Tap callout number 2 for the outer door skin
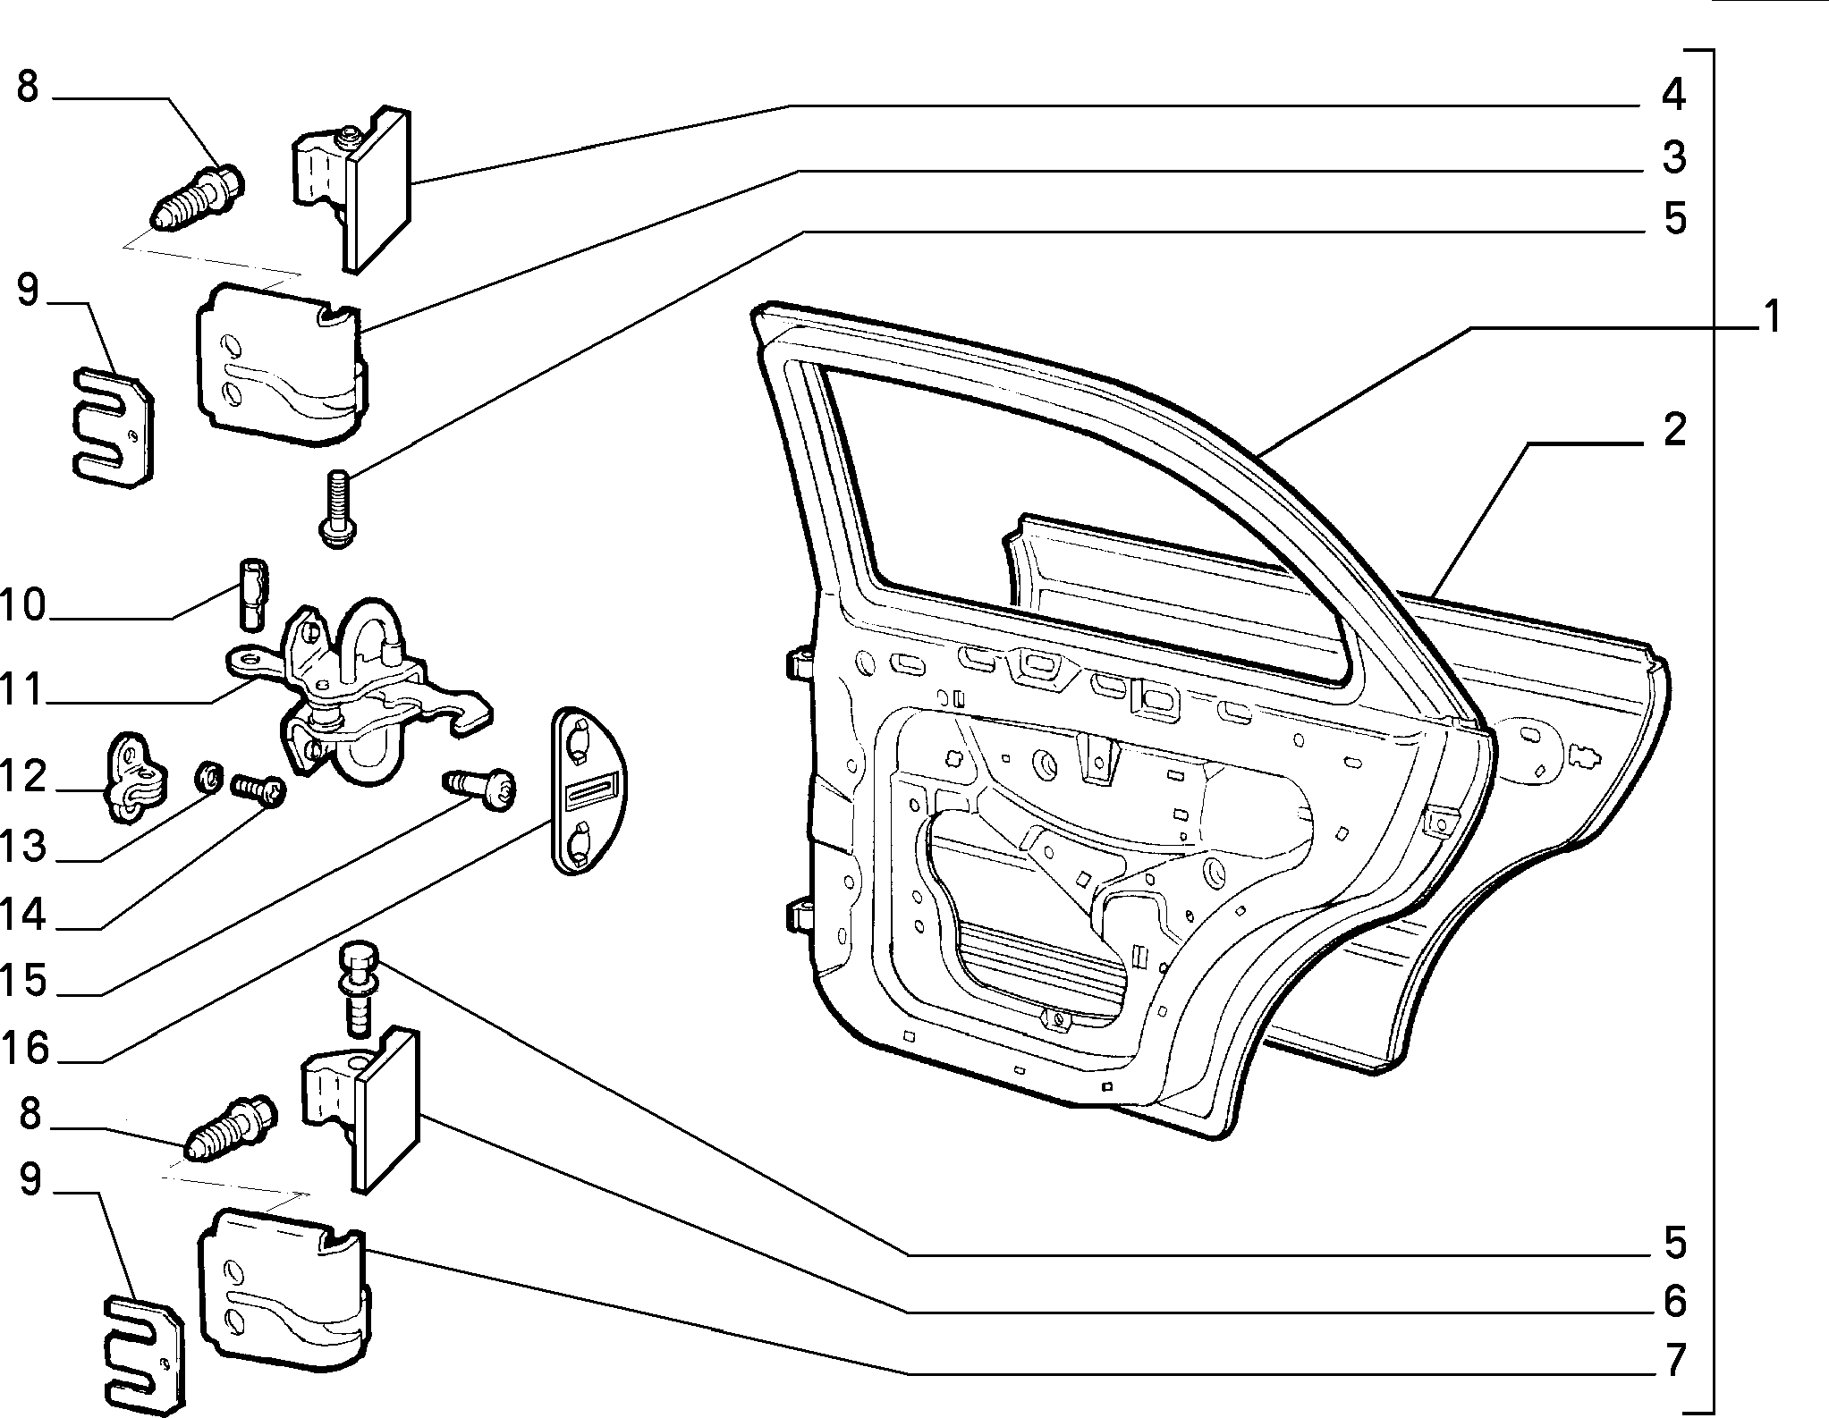pyautogui.click(x=1674, y=431)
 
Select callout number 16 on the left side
pyautogui.click(x=24, y=1048)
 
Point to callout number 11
pyautogui.click(x=21, y=691)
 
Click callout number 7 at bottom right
pyautogui.click(x=1674, y=1360)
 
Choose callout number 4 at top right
pyautogui.click(x=1673, y=95)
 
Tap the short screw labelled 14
pyautogui.click(x=258, y=791)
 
